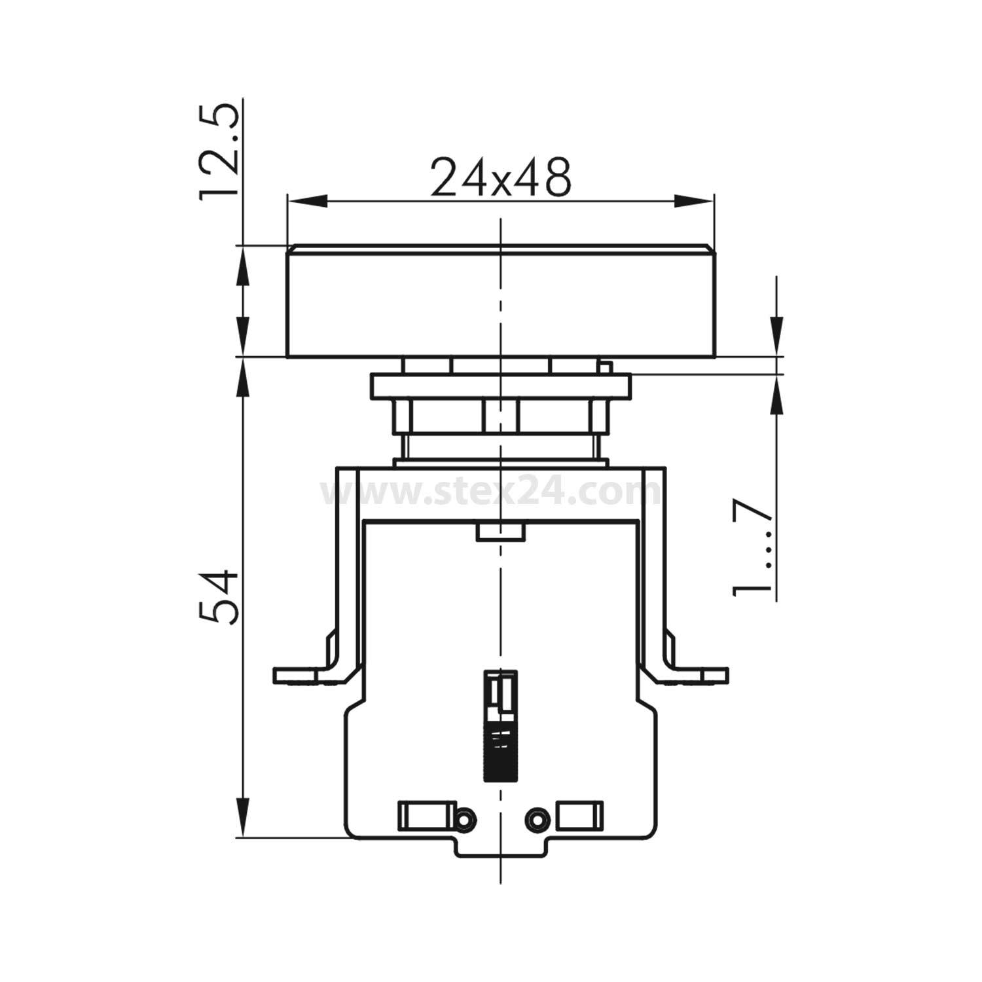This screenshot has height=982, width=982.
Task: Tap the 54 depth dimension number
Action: pyautogui.click(x=217, y=596)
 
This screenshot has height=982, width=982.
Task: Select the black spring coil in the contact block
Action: pyautogui.click(x=500, y=753)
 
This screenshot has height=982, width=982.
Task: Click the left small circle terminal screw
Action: pyautogui.click(x=464, y=819)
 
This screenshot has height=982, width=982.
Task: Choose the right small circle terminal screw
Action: pyautogui.click(x=538, y=819)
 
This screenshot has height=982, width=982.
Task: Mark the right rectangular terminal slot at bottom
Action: pyautogui.click(x=579, y=816)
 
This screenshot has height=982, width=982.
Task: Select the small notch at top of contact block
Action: pyautogui.click(x=500, y=532)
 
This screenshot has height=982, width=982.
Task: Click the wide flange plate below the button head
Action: pyautogui.click(x=500, y=386)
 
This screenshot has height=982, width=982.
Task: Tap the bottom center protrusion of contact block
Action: pyautogui.click(x=500, y=847)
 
